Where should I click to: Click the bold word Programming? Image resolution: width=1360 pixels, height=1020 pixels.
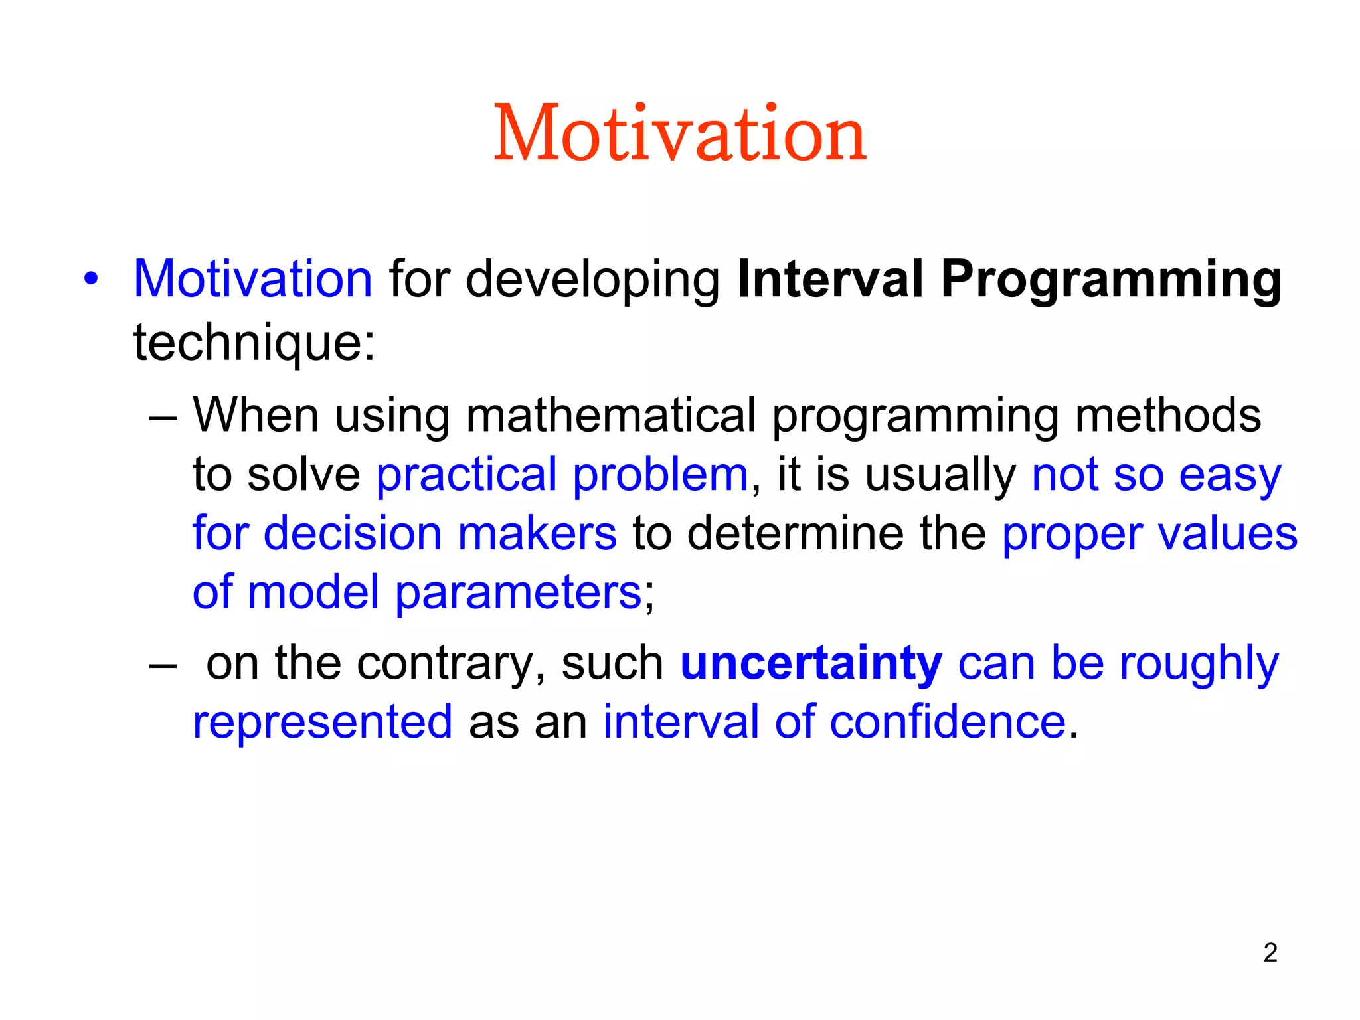pos(1111,280)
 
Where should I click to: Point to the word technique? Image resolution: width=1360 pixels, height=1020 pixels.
pos(254,343)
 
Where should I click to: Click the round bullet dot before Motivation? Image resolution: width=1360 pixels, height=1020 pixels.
pos(91,279)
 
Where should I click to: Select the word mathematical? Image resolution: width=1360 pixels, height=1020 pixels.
pos(611,415)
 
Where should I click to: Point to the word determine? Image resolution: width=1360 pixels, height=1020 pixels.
pos(794,533)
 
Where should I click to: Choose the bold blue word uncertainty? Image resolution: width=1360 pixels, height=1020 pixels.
pos(811,663)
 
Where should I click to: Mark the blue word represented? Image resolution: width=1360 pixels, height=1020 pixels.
pos(323,722)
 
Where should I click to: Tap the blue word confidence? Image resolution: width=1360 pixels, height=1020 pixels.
pos(948,722)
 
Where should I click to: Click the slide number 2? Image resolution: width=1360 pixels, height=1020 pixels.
pos(1270,953)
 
